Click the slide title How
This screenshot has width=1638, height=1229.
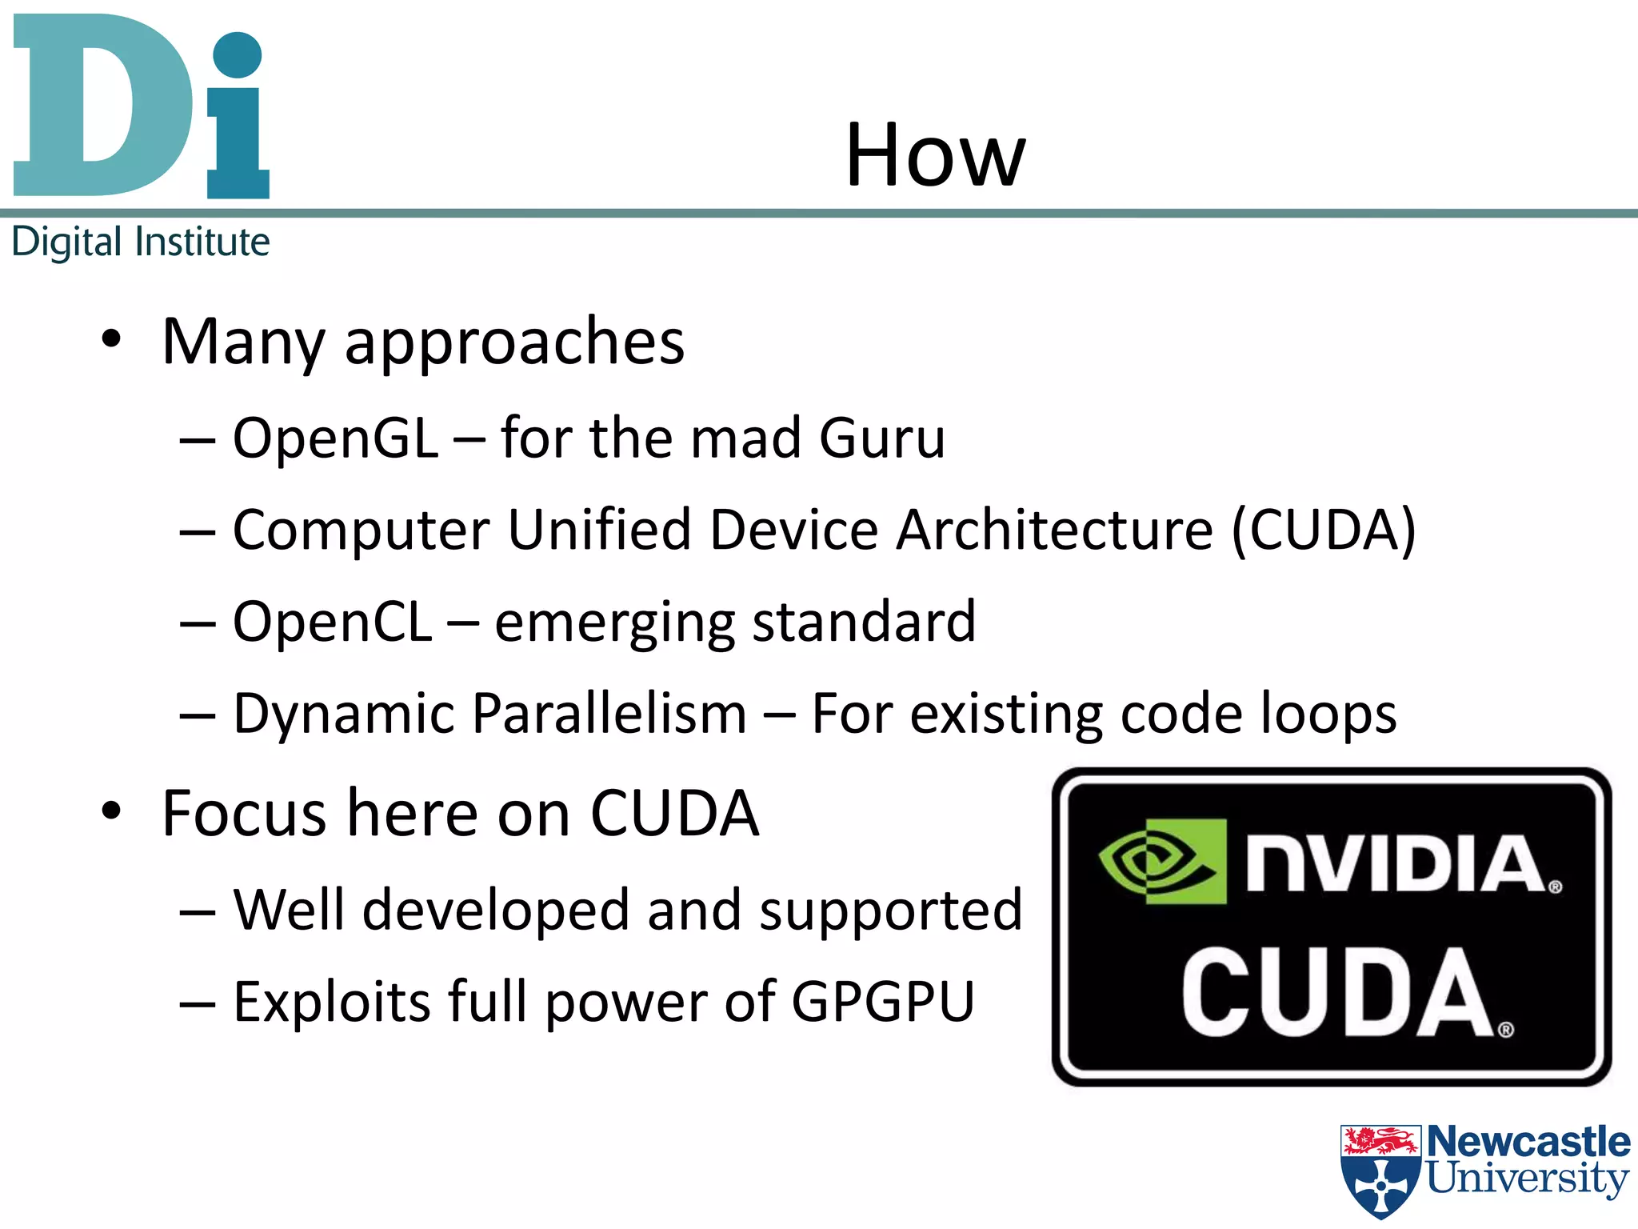pos(934,156)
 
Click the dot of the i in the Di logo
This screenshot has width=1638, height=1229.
pos(238,55)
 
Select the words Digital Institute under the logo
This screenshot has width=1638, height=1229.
pos(141,242)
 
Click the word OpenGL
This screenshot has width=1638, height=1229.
pos(335,438)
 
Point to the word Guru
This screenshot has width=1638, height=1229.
pos(881,438)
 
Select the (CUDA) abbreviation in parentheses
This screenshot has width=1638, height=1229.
pos(1323,530)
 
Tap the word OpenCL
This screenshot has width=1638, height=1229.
pos(332,623)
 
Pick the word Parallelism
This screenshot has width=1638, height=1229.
pos(609,714)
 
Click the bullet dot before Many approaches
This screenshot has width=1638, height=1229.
pos(111,339)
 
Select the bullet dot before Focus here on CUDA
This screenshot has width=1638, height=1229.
pos(111,811)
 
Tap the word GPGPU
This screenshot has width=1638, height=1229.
pos(883,1002)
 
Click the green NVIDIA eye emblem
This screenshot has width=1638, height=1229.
pos(1161,862)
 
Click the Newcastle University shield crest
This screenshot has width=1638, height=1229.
pos(1380,1170)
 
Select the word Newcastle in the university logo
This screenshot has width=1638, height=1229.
pos(1528,1141)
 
